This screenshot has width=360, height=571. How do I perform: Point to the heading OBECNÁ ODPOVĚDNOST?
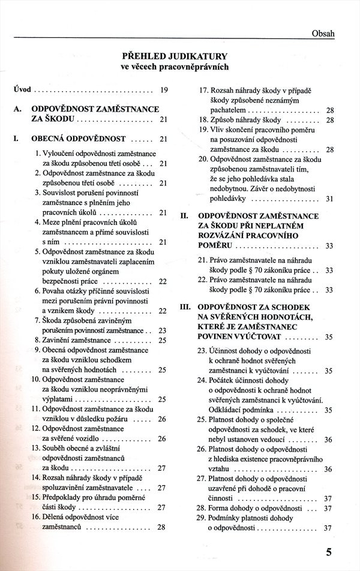[78, 139]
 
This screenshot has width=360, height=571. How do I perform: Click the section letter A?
[17, 110]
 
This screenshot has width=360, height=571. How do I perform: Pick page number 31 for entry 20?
[329, 199]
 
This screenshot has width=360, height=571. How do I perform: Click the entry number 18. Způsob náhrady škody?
[251, 120]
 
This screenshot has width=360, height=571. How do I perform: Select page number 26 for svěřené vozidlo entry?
[162, 438]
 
